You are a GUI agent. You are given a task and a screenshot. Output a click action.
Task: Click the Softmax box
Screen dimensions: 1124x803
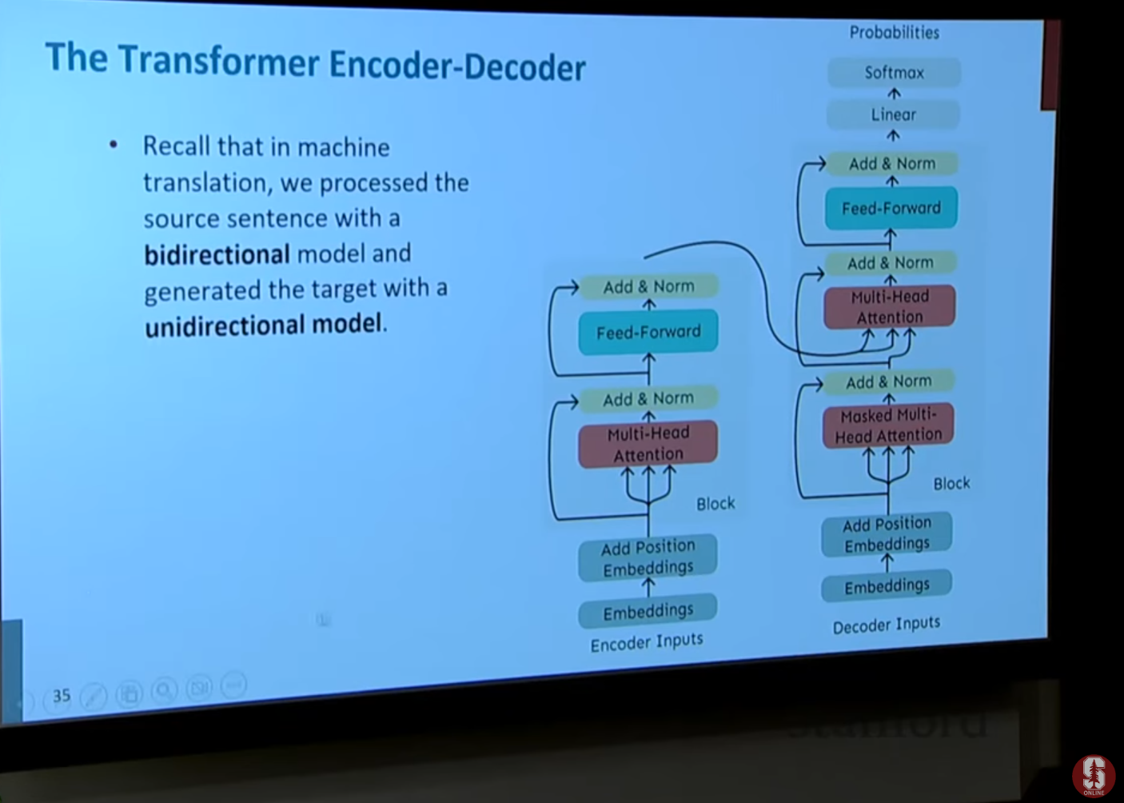pos(895,73)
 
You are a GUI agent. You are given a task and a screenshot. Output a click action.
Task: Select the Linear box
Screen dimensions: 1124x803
pos(893,114)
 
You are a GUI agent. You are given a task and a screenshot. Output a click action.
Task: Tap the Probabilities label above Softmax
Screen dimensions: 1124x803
pos(895,33)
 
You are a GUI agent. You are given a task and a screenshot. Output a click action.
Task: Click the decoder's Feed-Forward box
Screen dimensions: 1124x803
pos(891,208)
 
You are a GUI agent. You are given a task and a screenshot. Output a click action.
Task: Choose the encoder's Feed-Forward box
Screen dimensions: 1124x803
pos(648,332)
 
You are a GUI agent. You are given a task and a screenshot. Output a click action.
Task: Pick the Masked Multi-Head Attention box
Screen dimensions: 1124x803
pos(888,425)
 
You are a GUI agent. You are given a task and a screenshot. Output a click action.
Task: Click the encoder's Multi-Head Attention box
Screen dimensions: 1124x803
pos(648,444)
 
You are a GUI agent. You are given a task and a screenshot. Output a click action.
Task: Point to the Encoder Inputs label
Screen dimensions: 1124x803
pos(647,642)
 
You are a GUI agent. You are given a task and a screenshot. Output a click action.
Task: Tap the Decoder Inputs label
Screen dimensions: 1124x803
pos(887,625)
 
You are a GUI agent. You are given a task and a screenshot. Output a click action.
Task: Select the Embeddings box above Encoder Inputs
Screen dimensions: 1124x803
pos(648,611)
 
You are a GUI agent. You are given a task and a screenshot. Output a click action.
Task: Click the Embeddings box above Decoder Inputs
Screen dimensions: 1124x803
pos(887,585)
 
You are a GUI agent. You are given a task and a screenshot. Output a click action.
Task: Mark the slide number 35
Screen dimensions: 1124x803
pos(62,696)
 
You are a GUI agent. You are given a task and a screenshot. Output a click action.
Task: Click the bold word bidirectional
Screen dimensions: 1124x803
pos(217,254)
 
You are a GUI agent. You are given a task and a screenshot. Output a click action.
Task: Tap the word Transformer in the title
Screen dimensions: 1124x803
pos(219,62)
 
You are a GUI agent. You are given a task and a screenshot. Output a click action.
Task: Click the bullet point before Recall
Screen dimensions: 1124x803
pos(114,145)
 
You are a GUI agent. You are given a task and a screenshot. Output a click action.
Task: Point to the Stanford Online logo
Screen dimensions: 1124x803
pos(1094,777)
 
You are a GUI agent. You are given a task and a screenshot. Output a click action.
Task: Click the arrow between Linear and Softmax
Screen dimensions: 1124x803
pos(894,94)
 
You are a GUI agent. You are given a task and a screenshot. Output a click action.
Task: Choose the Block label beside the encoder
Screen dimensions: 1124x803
pos(715,503)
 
